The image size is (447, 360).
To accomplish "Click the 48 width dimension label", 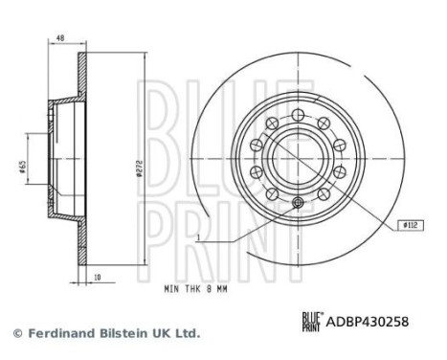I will pyautogui.click(x=59, y=39).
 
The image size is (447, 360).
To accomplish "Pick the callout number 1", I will pyautogui.click(x=199, y=236).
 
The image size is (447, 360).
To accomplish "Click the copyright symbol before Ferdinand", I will pyautogui.click(x=16, y=333).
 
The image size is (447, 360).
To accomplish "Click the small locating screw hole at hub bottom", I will pyautogui.click(x=300, y=202).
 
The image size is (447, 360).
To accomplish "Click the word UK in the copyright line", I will pyautogui.click(x=168, y=333).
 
